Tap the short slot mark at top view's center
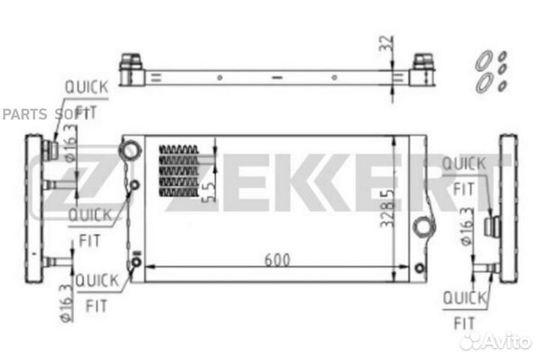click(276, 76)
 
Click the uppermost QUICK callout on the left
click(85, 87)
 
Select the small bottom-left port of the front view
click(136, 262)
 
